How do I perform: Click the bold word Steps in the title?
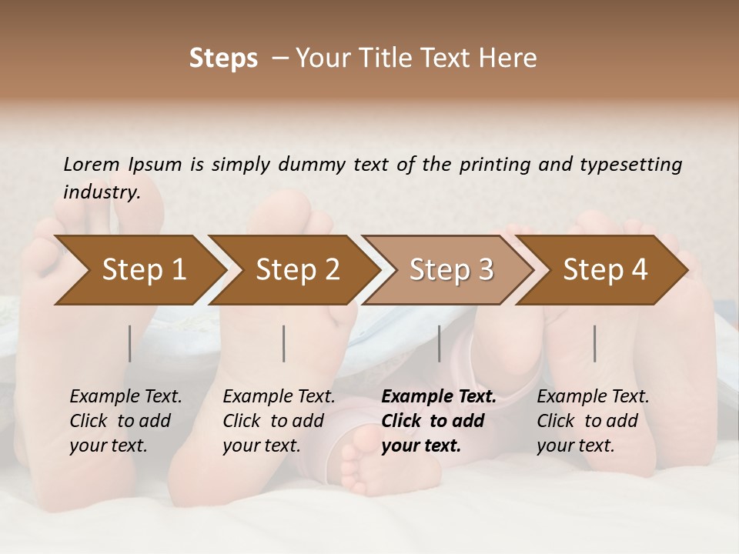point(223,58)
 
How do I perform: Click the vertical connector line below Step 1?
point(130,343)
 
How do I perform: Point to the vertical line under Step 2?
point(284,343)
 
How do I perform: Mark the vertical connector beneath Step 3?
point(440,343)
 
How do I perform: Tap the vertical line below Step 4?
point(595,343)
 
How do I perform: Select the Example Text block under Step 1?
point(125,421)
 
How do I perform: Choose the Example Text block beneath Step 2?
point(279,421)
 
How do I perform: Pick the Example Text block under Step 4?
point(593,421)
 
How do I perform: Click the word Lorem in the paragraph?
point(92,164)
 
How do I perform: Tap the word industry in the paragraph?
point(101,192)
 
